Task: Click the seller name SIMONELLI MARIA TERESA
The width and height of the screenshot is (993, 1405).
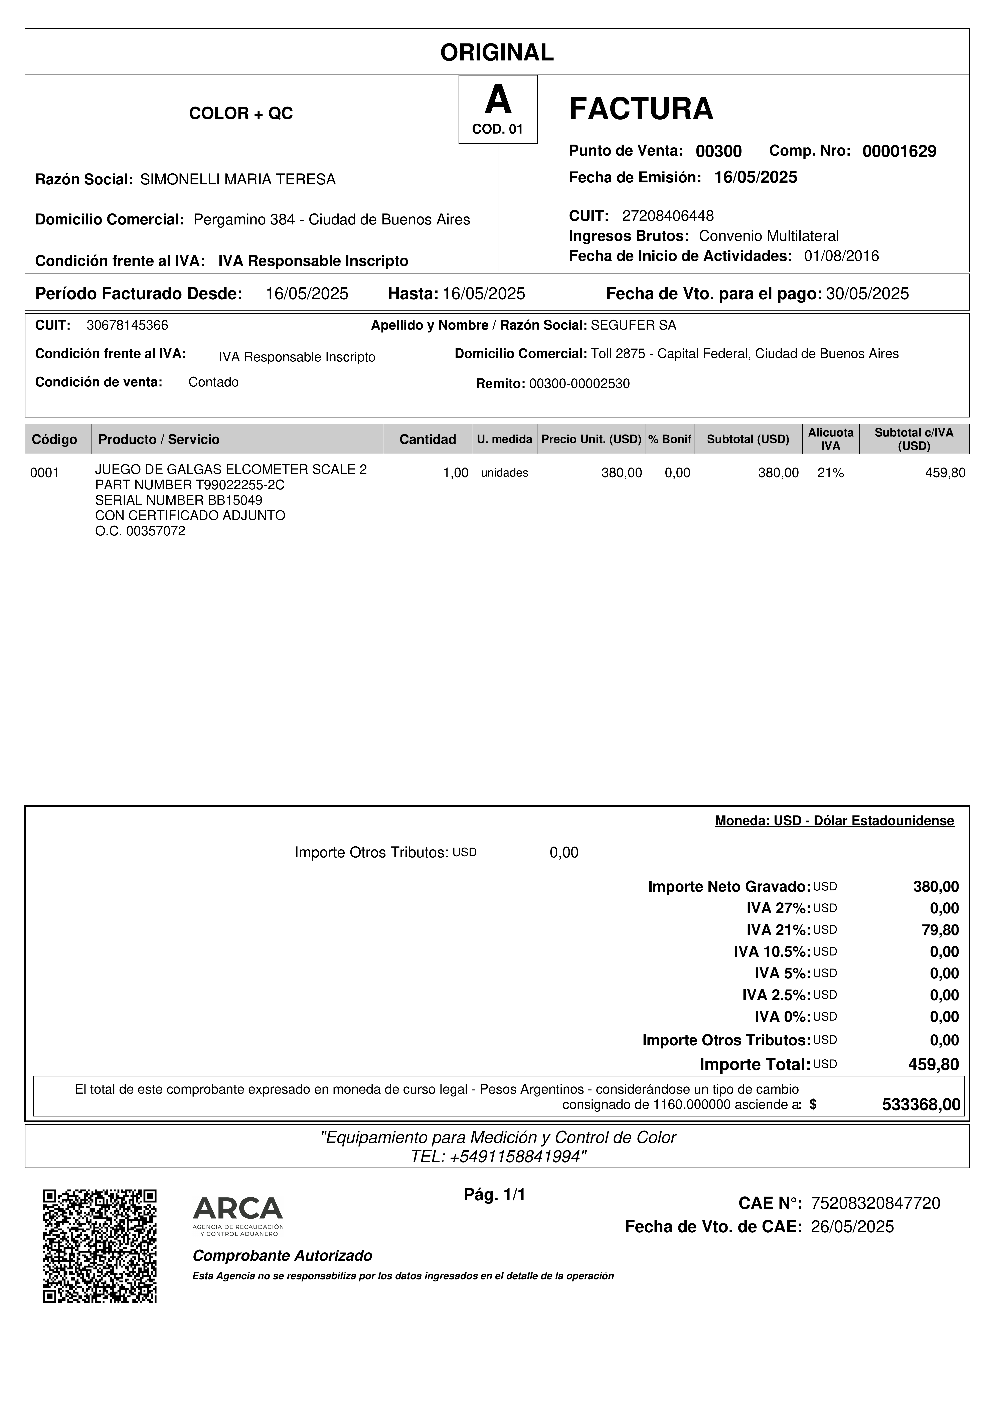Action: [238, 179]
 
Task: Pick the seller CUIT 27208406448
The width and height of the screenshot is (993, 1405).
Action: [667, 215]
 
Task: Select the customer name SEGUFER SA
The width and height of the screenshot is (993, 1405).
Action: [633, 325]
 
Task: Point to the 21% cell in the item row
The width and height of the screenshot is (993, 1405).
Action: [830, 472]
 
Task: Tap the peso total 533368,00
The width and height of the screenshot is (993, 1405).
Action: [921, 1104]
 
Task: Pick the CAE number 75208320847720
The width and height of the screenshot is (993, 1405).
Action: [875, 1203]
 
